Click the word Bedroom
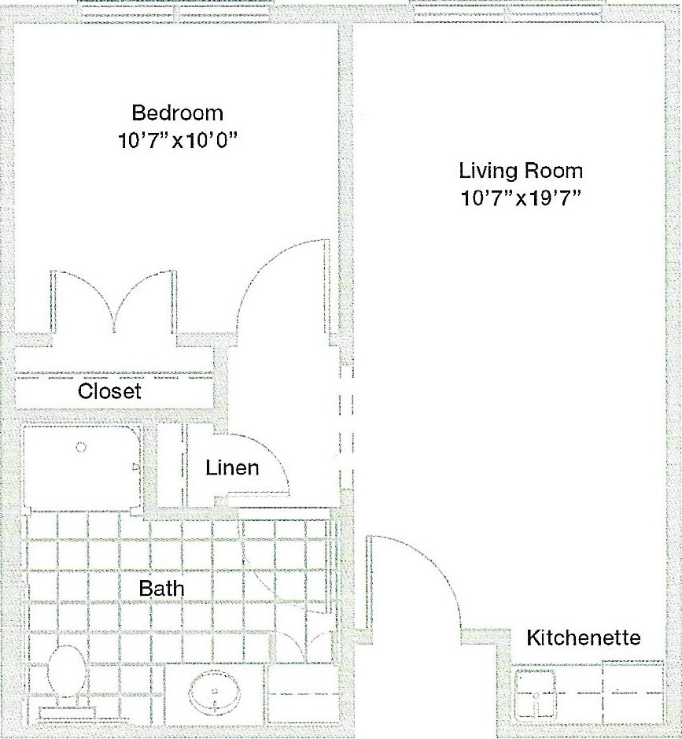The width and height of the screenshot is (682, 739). pyautogui.click(x=177, y=113)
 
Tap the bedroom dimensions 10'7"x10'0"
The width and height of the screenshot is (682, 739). pyautogui.click(x=177, y=140)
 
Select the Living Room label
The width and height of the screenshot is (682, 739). pyautogui.click(x=521, y=171)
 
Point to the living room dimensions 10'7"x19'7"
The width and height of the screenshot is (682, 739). pyautogui.click(x=520, y=198)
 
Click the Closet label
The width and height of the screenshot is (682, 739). pyautogui.click(x=109, y=391)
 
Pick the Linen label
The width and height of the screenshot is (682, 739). pyautogui.click(x=232, y=467)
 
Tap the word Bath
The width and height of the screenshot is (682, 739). pyautogui.click(x=161, y=589)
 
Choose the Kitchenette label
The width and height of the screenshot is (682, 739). pyautogui.click(x=584, y=637)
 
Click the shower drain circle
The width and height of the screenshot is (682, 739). pyautogui.click(x=81, y=447)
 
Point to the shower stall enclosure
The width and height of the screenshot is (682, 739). pyautogui.click(x=82, y=468)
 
